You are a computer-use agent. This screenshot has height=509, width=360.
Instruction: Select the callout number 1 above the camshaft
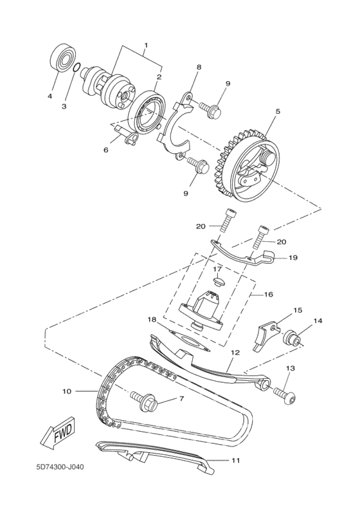coord(145,46)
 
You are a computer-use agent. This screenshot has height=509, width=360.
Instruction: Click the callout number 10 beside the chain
coord(66,390)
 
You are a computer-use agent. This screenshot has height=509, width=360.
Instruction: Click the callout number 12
coord(235,353)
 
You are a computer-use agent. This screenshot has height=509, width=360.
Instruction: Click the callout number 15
coord(298,310)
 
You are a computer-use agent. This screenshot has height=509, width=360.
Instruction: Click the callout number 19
coord(292,257)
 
